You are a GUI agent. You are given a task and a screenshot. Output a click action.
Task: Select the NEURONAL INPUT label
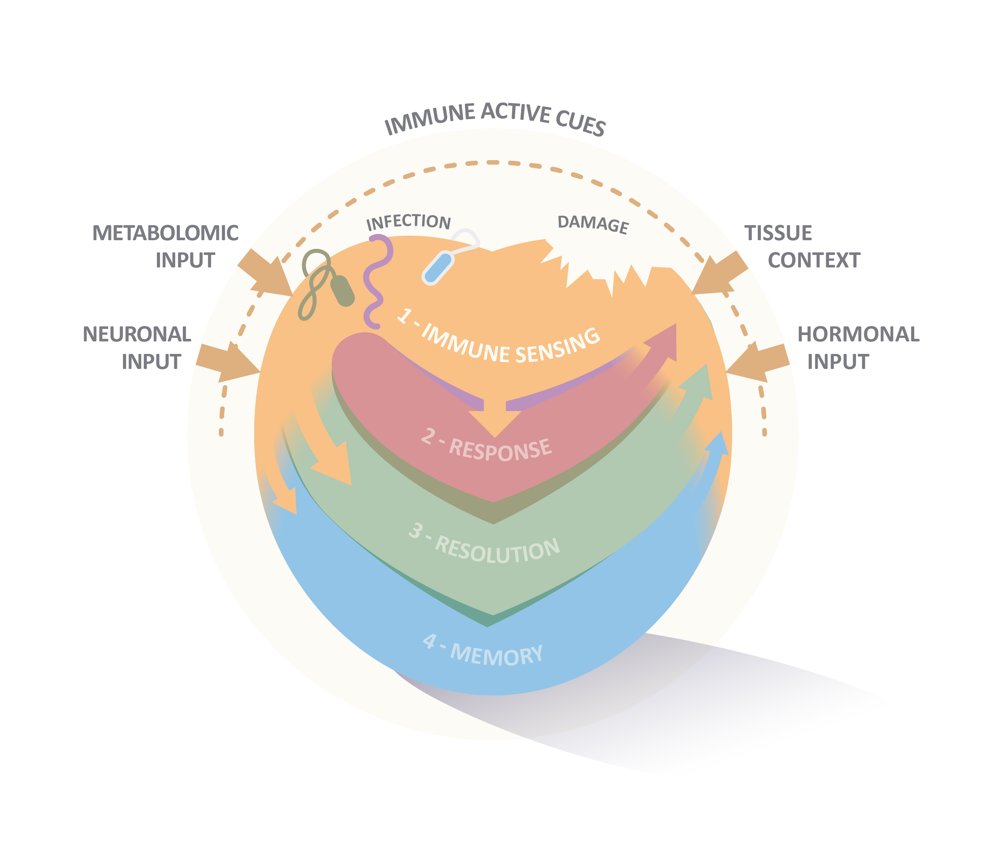coord(137,347)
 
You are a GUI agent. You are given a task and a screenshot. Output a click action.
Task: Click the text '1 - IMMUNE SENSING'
coord(499,338)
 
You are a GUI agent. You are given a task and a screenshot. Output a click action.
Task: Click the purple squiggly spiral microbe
coord(376,280)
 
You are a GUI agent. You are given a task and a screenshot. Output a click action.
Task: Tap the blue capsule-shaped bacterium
coord(439,268)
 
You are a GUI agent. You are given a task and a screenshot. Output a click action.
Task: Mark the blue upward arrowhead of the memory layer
coord(718,444)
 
